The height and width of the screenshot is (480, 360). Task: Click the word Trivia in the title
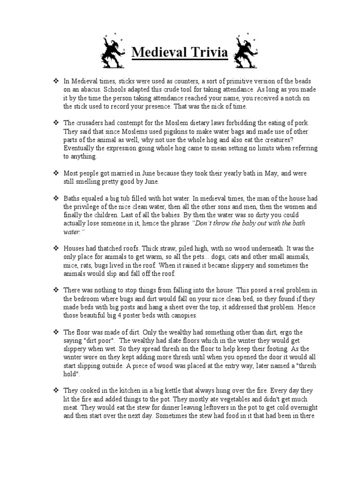[x=207, y=52]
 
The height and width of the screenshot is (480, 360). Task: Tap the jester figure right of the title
[x=245, y=50]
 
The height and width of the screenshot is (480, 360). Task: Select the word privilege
[x=92, y=207]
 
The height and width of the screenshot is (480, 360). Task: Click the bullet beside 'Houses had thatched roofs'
[x=55, y=248]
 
